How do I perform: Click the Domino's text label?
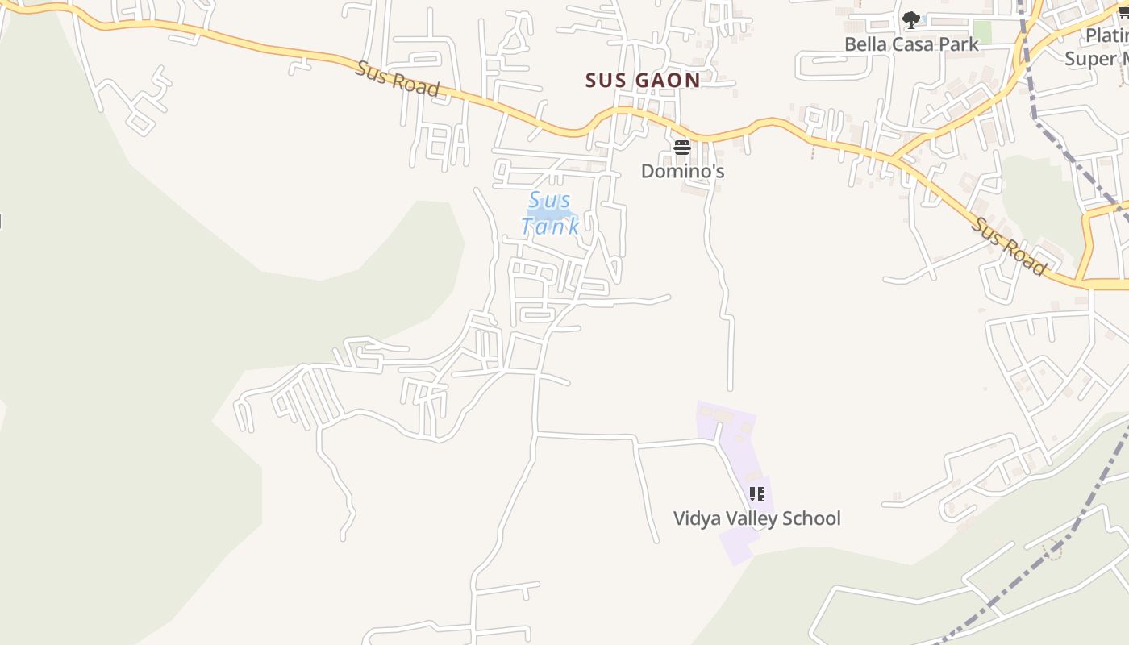click(682, 171)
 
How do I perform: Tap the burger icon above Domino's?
click(682, 148)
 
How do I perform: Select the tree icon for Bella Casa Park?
click(910, 19)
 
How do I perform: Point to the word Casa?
click(913, 44)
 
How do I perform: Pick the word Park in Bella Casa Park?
click(959, 44)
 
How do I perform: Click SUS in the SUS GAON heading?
click(607, 80)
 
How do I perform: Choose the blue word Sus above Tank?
click(550, 200)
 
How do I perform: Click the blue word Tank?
click(550, 227)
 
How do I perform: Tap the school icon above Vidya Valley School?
click(756, 493)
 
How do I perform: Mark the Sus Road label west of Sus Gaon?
click(398, 79)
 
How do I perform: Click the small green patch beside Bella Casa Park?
click(981, 32)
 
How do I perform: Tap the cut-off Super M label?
click(1096, 59)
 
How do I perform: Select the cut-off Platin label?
click(1106, 35)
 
